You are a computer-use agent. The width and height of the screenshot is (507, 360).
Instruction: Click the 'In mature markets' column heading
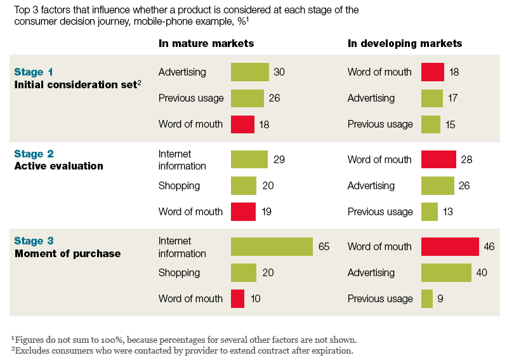pos(206,44)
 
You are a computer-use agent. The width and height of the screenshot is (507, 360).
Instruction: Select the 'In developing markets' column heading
pos(405,44)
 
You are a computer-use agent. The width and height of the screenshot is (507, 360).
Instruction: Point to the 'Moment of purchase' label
pos(67,253)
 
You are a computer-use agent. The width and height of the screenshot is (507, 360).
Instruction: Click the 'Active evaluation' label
pos(58,166)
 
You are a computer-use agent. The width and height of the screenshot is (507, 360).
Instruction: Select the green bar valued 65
pos(272,246)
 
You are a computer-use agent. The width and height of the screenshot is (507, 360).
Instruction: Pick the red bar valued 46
pos(450,246)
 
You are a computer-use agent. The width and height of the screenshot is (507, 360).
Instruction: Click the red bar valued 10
pos(237,298)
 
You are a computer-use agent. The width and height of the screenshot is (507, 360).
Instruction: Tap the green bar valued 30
pos(250,72)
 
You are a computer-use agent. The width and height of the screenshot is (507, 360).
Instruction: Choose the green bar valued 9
pos(427,298)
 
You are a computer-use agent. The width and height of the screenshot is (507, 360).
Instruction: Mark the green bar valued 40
pos(446,272)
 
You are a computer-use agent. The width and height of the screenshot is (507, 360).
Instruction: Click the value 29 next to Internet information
pos(279,159)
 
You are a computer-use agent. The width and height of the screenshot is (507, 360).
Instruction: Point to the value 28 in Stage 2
pos(467,159)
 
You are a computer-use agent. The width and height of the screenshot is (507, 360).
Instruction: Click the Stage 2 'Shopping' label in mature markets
pos(179,185)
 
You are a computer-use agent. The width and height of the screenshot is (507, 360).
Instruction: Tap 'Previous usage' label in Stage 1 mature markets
pos(191,98)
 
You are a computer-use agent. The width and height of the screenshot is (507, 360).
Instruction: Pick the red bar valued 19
pos(243,211)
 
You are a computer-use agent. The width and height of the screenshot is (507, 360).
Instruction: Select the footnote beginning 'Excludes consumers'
pos(183,350)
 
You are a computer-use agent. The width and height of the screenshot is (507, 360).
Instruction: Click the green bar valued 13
pos(430,211)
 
